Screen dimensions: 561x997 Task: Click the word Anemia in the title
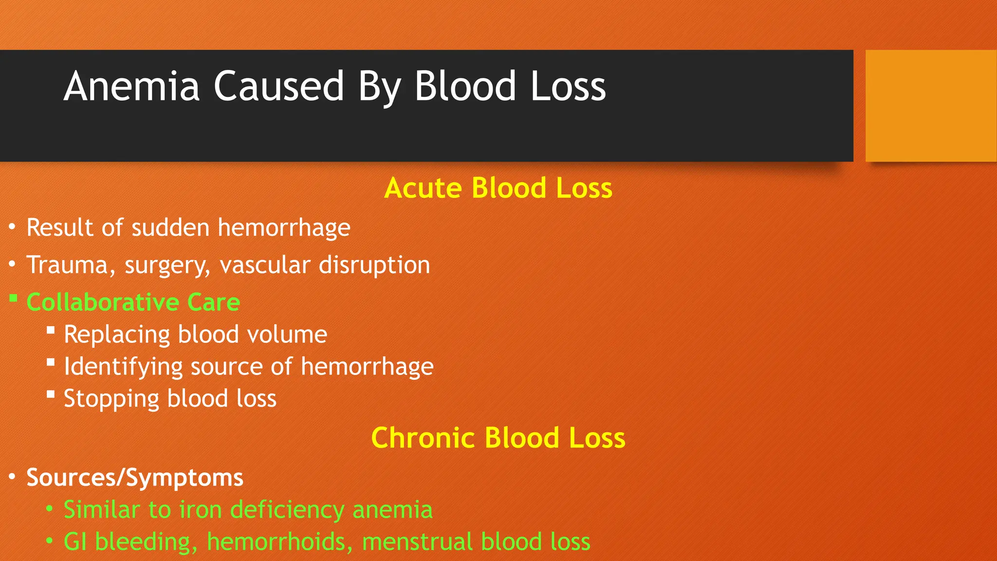[131, 86]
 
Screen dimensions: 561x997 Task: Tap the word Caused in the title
[279, 86]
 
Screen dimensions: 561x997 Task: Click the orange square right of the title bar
[930, 106]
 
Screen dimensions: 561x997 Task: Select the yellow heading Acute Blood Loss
[498, 188]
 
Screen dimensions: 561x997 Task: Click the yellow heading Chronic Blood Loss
[498, 437]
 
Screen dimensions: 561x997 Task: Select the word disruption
[374, 265]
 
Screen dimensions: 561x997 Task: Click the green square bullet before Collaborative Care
[14, 298]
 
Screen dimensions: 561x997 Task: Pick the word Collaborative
[103, 302]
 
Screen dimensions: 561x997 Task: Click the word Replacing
[117, 335]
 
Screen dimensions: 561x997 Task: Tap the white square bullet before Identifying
[51, 362]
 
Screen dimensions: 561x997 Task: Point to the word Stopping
[111, 399]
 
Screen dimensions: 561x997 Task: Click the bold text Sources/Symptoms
[134, 477]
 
